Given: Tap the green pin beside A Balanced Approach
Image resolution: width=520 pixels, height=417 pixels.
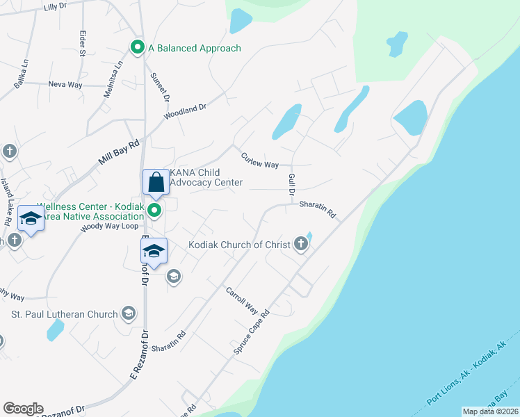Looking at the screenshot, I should point(137,48).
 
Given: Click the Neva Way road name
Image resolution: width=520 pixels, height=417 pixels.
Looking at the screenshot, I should point(65,84).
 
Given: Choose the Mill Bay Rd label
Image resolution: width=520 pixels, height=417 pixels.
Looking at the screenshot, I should point(119,151).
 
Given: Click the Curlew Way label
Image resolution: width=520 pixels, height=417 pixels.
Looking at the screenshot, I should point(259,161).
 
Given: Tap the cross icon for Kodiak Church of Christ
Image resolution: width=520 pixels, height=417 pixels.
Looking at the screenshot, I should point(300,243).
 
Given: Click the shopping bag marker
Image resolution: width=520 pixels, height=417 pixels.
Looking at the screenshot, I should point(156,183).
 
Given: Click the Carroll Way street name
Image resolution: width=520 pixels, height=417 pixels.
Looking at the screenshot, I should point(242,301).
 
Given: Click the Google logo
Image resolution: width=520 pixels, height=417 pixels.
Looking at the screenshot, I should point(23,408).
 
